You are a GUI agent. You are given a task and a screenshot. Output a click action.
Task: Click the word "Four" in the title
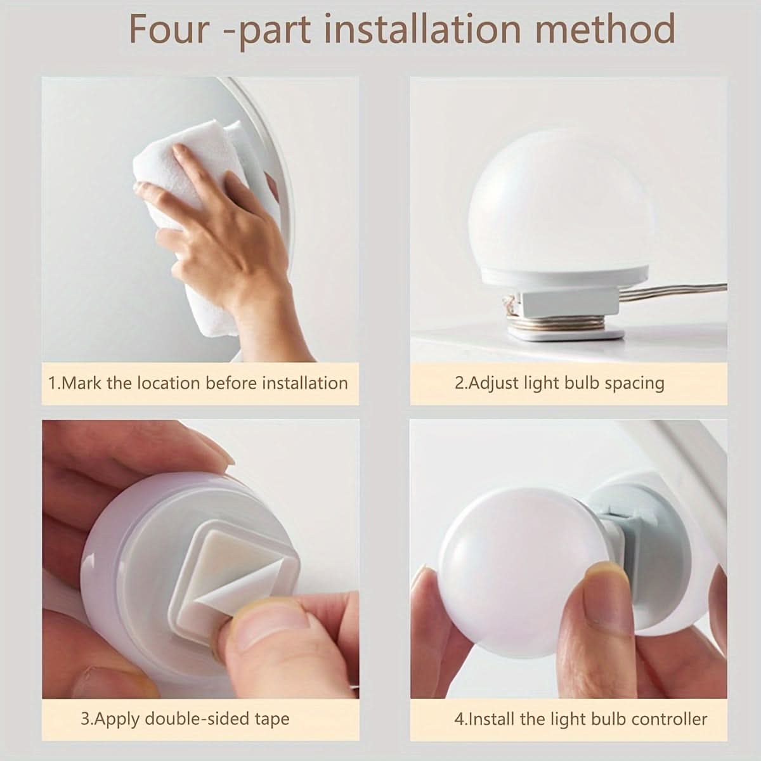pyautogui.click(x=169, y=29)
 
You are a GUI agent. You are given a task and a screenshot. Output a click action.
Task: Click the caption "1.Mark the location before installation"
pyautogui.click(x=198, y=383)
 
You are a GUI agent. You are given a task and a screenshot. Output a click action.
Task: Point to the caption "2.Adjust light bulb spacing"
pyautogui.click(x=559, y=384)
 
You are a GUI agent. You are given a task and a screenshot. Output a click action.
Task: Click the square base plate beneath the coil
pyautogui.click(x=566, y=334)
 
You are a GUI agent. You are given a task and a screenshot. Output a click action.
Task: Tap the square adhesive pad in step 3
pyautogui.click(x=233, y=569)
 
